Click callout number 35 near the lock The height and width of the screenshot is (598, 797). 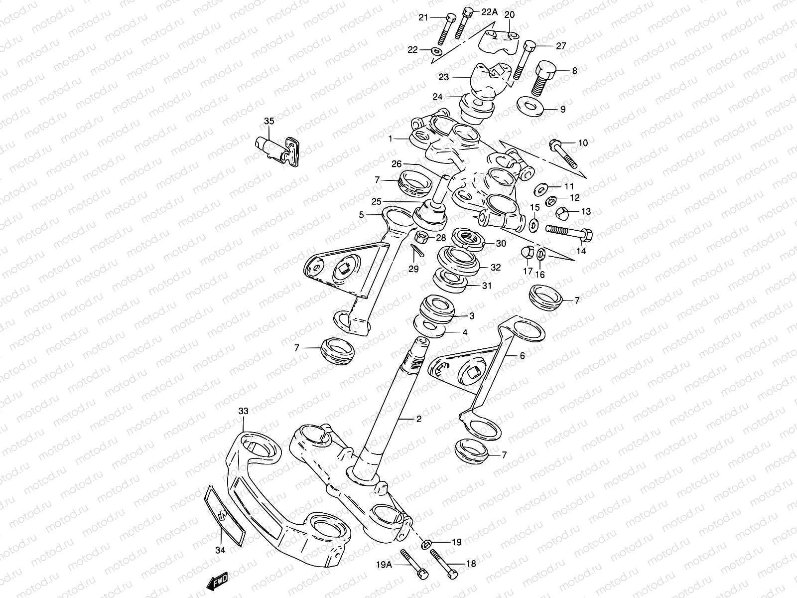269,121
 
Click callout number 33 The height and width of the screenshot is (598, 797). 243,411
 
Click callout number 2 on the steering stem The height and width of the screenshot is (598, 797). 419,419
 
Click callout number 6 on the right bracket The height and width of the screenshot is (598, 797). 522,355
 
